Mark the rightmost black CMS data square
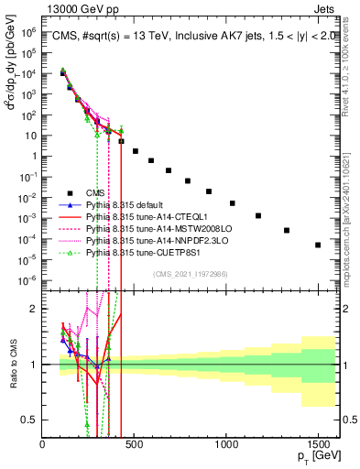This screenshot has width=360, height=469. (318, 245)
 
